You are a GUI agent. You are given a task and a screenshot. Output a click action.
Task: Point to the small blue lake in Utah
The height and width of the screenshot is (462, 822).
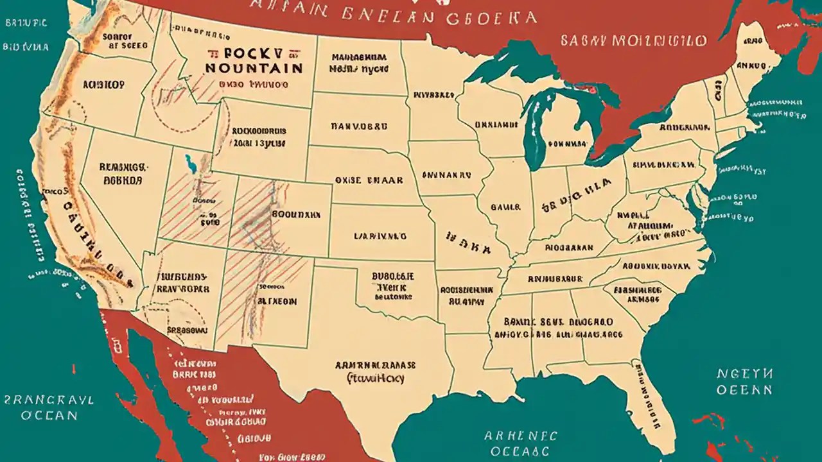click(189, 164)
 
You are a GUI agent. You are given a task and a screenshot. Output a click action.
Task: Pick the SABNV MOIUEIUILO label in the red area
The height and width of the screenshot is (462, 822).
click(633, 41)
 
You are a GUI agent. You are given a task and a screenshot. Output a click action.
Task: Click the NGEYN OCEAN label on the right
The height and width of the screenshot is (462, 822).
click(745, 381)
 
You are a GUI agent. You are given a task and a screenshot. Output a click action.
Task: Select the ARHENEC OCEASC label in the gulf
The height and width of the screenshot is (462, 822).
click(520, 443)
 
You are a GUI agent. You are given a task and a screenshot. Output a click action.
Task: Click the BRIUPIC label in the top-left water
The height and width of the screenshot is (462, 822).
click(26, 22)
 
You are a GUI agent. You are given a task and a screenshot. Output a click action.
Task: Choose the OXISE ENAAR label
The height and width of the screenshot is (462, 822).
click(369, 180)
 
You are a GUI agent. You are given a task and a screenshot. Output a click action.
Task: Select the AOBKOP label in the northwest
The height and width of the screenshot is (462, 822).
click(103, 84)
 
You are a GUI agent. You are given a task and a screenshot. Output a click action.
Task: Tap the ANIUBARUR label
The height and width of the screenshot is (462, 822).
click(555, 278)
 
